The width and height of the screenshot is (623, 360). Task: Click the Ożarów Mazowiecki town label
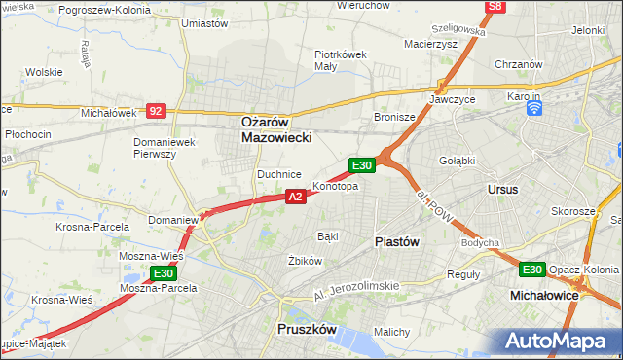point(276,130)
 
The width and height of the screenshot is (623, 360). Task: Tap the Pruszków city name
point(307,330)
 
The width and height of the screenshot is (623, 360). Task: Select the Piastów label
point(397,241)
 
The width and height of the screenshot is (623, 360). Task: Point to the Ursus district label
point(503,189)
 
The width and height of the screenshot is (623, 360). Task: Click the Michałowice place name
point(545,293)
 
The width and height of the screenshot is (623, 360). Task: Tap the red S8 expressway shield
point(495,7)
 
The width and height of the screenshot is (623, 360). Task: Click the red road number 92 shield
point(156,111)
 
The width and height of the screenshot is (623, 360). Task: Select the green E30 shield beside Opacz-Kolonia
point(531,270)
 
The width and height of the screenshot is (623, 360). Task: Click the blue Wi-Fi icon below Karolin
point(533,109)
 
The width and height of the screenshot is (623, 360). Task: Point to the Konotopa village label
point(335,186)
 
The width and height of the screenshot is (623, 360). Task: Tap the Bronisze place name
point(395,117)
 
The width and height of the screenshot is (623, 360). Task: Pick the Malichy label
point(391,332)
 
